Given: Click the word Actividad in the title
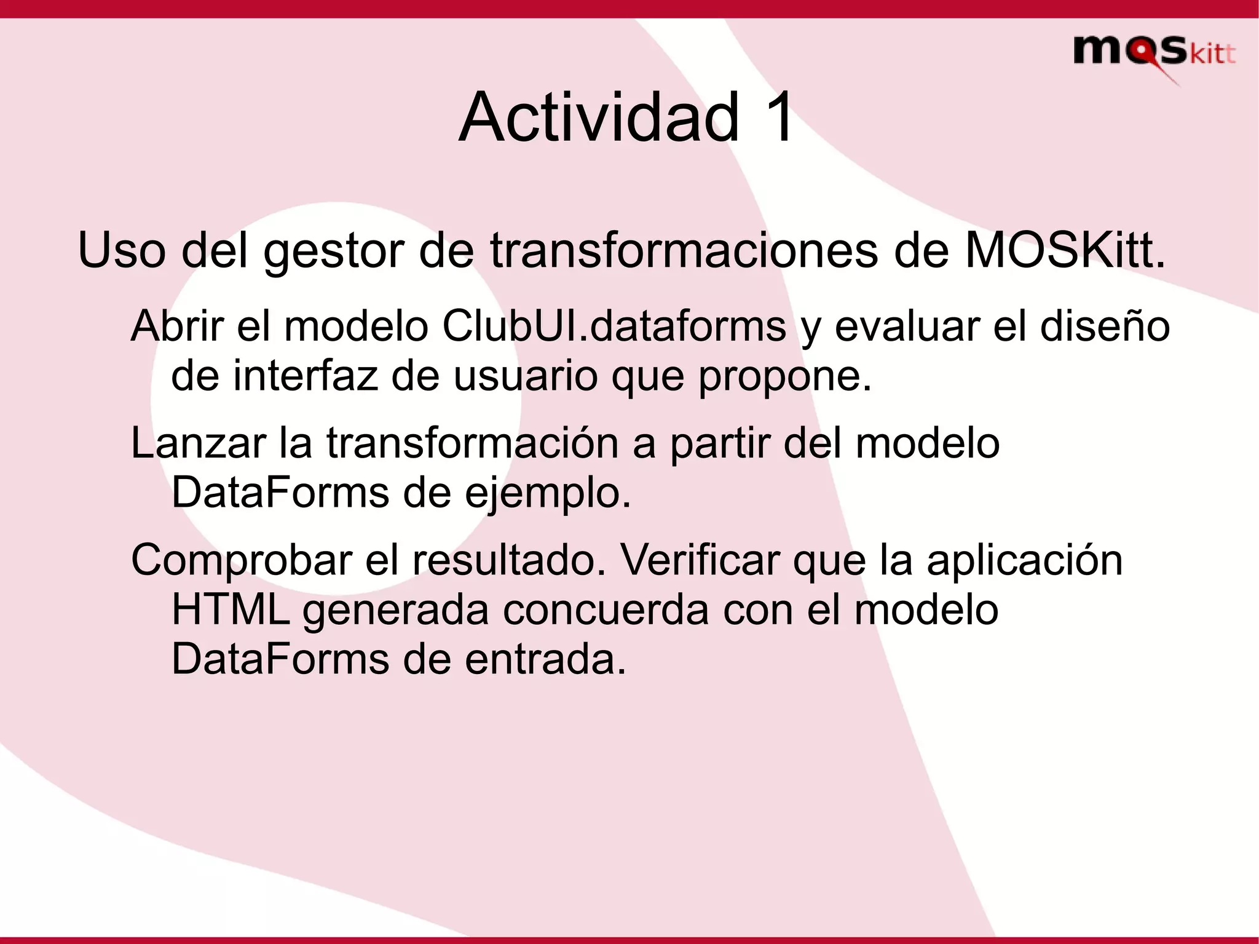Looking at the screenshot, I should [599, 117].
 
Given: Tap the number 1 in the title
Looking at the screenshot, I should [777, 117].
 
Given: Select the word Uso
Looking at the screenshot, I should [122, 251].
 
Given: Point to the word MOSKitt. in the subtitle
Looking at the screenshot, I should [1065, 251].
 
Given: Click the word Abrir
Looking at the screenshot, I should [177, 326].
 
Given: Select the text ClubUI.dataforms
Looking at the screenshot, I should [614, 326].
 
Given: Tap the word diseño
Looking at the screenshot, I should [1105, 326].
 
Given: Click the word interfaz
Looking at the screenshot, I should [305, 376].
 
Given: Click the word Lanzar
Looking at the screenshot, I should [198, 443].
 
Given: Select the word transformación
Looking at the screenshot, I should [472, 443].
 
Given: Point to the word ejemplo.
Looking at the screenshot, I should [548, 494].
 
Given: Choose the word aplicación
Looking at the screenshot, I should [1024, 560].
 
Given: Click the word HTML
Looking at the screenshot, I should [230, 610].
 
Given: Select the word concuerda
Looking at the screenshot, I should [606, 610].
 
